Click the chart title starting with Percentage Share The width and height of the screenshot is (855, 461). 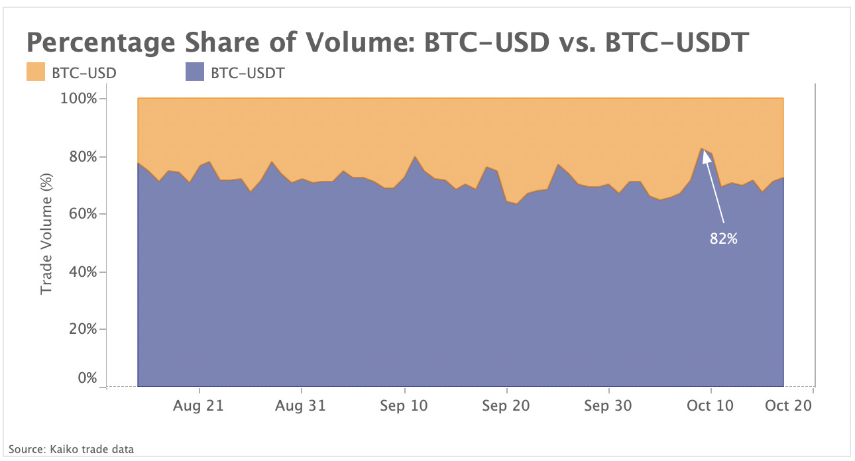tap(388, 44)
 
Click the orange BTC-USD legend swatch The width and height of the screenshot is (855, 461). tap(36, 72)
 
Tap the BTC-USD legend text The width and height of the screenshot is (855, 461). tap(84, 73)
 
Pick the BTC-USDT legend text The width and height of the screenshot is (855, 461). tap(247, 73)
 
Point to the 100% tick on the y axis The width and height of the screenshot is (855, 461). tap(79, 99)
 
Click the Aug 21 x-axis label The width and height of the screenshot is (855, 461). tap(198, 406)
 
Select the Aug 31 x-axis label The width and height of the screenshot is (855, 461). tap(301, 406)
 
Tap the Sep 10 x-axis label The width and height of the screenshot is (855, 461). tap(404, 406)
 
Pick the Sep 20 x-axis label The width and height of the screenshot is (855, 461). tap(506, 406)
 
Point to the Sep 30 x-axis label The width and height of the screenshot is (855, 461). tap(608, 406)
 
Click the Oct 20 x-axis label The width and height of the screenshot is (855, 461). tap(789, 406)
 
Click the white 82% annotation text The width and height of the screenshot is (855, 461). tap(724, 239)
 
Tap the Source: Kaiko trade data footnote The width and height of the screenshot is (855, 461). tap(71, 449)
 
